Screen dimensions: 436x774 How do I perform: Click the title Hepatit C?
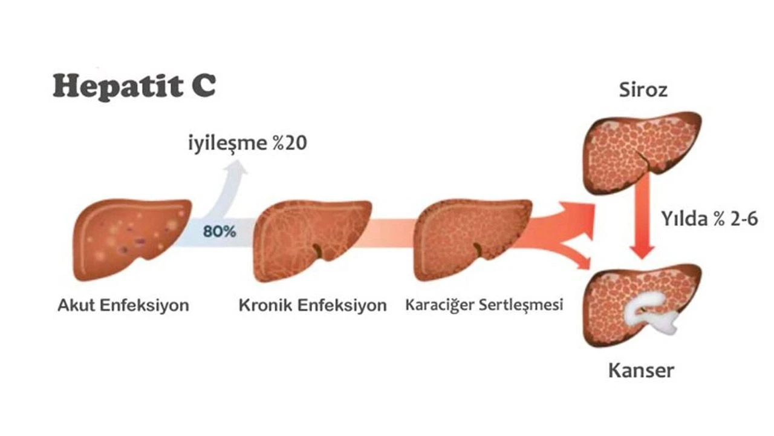134,86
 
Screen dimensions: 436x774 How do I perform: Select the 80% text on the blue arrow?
220,231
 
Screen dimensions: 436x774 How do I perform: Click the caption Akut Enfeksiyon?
123,305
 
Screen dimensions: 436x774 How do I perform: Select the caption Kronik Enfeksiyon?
313,305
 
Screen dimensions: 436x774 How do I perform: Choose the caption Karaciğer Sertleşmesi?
484,304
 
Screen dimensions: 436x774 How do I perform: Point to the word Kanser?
642,369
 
